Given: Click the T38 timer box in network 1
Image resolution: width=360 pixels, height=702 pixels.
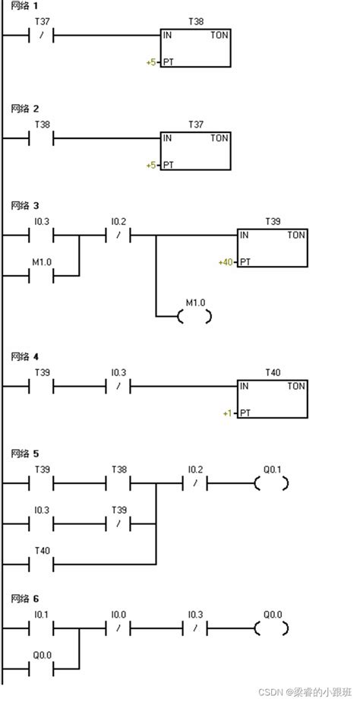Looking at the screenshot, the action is point(196,49).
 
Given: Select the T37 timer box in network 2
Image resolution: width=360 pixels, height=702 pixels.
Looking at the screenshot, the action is point(196,151).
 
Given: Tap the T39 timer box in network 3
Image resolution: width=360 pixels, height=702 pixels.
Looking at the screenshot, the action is point(273,248).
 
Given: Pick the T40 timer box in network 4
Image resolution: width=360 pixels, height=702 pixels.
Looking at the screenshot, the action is point(273,399).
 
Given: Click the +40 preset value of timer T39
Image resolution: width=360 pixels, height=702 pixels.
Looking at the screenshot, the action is point(226,262).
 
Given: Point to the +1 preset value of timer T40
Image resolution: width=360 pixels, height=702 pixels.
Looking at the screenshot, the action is point(228,413).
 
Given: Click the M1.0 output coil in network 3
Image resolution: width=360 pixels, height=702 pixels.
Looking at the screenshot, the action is point(194,317).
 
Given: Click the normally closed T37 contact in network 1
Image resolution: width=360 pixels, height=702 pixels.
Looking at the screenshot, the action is point(41,35).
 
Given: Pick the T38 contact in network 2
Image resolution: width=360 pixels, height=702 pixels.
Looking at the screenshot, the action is point(41,138).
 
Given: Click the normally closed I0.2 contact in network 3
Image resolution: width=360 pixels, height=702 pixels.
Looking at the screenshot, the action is point(118,235).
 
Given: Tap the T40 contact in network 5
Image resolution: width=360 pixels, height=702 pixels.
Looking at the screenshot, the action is point(41,564).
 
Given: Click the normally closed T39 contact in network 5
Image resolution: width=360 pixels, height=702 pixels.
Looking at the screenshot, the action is point(118,523).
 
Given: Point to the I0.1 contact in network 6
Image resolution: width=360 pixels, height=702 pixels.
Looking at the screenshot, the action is point(41,628).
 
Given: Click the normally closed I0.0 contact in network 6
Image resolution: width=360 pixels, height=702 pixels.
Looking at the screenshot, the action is point(118,628).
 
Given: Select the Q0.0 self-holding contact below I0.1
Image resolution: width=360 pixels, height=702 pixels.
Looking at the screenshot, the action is point(41,669).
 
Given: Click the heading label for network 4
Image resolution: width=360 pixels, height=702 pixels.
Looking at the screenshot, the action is point(25,357).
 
